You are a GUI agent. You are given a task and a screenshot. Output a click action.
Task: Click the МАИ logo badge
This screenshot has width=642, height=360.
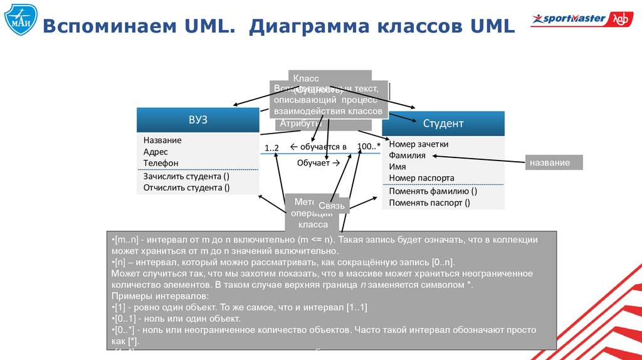pyautogui.click(x=19, y=21)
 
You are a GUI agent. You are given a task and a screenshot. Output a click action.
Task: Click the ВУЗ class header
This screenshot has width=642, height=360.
pyautogui.click(x=197, y=120)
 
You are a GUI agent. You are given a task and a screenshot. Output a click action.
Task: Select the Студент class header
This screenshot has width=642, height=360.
pyautogui.click(x=443, y=124)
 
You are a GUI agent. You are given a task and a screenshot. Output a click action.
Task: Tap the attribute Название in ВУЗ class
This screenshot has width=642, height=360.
pyautogui.click(x=162, y=140)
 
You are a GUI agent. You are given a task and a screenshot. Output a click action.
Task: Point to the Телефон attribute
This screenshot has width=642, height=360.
pyautogui.click(x=160, y=162)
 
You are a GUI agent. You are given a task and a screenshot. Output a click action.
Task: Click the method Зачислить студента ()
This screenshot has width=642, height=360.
pyautogui.click(x=186, y=176)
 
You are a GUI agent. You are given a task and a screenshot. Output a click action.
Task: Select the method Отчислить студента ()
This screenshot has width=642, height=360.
pyautogui.click(x=186, y=188)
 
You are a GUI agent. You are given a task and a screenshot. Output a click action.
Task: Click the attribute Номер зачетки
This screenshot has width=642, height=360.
pyautogui.click(x=419, y=144)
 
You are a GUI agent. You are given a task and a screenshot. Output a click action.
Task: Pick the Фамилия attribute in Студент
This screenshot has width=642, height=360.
pyautogui.click(x=407, y=155)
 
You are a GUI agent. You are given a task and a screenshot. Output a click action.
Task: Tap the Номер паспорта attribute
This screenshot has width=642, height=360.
pyautogui.click(x=421, y=177)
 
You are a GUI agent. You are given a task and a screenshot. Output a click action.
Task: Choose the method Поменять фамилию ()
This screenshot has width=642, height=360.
pyautogui.click(x=433, y=191)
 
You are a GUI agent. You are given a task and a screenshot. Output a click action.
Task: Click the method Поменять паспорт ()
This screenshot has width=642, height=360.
pyautogui.click(x=429, y=203)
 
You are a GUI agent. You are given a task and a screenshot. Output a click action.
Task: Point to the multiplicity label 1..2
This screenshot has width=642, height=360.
pyautogui.click(x=271, y=147)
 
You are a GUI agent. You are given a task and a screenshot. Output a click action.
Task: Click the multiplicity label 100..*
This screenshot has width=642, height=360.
pyautogui.click(x=369, y=146)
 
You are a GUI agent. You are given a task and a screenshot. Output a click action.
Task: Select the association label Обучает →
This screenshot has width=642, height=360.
pyautogui.click(x=318, y=162)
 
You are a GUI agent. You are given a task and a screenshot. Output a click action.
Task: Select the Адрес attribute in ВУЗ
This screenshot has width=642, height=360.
pyautogui.click(x=155, y=151)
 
